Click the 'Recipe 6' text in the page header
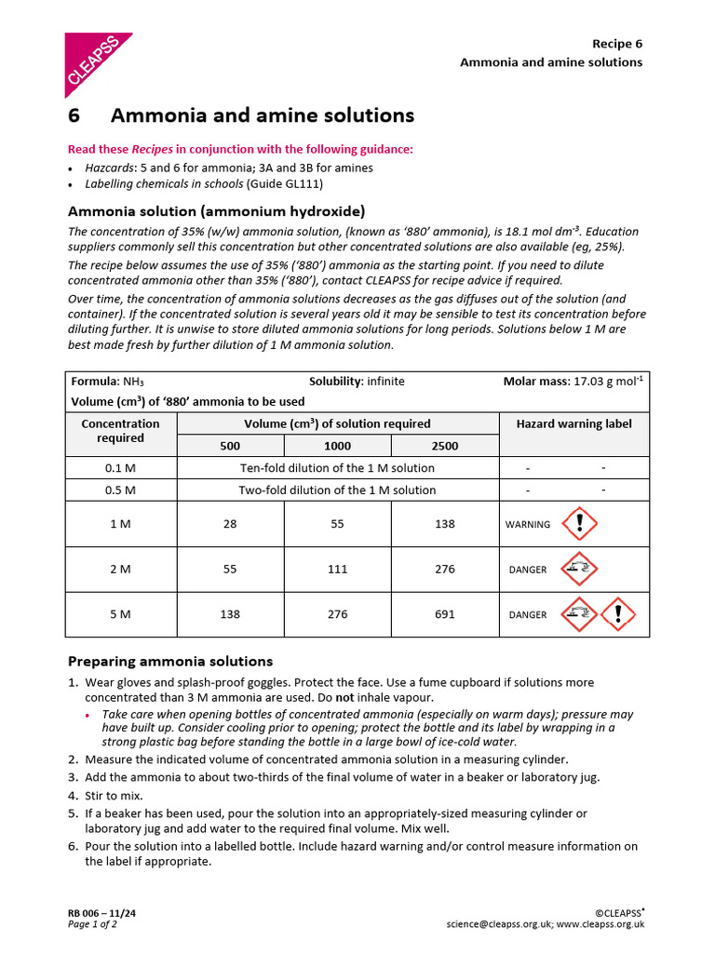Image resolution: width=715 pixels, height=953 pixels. [x=617, y=44]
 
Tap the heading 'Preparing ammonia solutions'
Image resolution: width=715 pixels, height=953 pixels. [x=170, y=662]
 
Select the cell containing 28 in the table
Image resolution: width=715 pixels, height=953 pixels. [x=230, y=524]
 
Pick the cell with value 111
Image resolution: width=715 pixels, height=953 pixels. [x=337, y=569]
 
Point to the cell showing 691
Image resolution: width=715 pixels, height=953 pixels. [x=445, y=614]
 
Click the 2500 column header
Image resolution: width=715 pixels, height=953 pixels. [x=445, y=446]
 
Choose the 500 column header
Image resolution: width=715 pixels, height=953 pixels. [x=230, y=446]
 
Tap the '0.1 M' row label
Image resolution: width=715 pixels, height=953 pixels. [x=121, y=468]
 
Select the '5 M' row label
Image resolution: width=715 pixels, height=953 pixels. [x=121, y=614]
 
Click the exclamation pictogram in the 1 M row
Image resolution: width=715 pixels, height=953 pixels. [x=580, y=523]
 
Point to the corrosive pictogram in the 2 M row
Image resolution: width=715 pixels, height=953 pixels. [x=580, y=569]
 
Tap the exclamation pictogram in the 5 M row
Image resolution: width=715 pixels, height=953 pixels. [x=617, y=613]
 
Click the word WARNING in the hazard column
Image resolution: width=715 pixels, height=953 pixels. [x=528, y=525]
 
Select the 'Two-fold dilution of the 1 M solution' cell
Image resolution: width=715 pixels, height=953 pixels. [x=337, y=490]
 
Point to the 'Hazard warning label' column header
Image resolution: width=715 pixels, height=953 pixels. [x=573, y=423]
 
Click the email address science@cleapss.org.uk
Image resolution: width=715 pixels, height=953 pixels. [x=499, y=924]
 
